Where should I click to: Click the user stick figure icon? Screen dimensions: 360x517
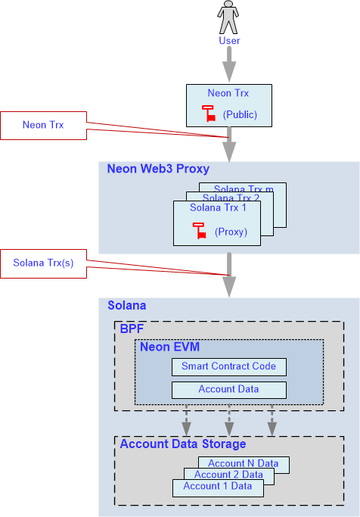228,17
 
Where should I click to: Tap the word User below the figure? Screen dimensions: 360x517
229,41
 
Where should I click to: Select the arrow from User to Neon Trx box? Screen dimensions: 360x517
229,64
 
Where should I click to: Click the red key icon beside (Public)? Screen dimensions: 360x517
209,114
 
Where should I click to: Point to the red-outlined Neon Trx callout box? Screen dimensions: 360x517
43,126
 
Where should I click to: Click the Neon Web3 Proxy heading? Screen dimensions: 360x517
158,169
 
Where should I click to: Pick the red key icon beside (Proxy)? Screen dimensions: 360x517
199,230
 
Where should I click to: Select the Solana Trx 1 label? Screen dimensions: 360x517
218,207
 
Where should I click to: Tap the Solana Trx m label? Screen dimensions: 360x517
244,188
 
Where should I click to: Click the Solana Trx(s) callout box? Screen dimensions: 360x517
43,263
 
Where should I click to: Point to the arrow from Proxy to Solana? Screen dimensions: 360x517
229,275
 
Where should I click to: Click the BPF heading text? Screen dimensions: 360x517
132,329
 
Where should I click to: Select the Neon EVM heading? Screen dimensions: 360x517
169,347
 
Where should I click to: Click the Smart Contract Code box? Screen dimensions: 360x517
229,367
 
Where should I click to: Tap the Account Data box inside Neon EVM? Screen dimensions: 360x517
229,390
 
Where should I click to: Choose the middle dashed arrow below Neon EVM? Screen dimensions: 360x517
229,420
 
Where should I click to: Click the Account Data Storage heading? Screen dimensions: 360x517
183,444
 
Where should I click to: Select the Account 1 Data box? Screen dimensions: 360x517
218,488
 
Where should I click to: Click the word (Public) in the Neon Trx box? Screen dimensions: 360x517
240,115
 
